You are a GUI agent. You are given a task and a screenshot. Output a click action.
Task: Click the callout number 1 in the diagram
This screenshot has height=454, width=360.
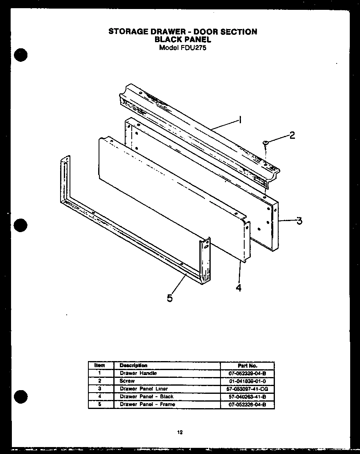[x=240, y=120]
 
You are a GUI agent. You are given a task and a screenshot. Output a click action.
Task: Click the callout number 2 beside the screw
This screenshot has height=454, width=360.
[x=292, y=136]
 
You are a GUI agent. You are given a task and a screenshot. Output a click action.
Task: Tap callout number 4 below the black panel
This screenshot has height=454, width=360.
[x=239, y=288]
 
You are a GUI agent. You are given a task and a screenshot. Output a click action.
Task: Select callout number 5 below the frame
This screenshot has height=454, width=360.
[x=170, y=298]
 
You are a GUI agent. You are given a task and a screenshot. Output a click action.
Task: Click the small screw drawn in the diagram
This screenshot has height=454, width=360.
[x=265, y=142]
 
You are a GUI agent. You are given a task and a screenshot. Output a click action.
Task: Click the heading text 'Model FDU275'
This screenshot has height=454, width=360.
[x=182, y=47]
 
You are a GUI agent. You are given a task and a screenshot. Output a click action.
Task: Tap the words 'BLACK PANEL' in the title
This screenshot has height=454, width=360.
[x=182, y=39]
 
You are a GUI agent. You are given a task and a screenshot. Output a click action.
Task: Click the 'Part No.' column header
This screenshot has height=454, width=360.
[x=247, y=366]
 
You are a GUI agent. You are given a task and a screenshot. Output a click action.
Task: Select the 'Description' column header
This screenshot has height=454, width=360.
[x=133, y=365]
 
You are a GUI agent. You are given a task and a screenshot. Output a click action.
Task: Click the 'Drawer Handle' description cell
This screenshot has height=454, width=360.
[x=138, y=373]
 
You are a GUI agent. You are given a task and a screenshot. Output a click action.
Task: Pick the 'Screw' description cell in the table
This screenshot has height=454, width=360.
[x=127, y=381]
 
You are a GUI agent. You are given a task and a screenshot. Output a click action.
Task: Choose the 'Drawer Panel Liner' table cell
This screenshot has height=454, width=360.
[x=144, y=388]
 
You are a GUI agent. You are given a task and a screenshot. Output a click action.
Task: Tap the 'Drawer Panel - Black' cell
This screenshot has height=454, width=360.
[x=146, y=396]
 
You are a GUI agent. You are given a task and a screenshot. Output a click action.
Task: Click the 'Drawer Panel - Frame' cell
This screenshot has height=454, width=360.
[x=147, y=404]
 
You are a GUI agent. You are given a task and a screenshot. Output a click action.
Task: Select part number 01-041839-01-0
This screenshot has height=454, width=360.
[x=247, y=381]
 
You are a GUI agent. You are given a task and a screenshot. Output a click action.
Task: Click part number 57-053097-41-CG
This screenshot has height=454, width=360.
[x=247, y=389]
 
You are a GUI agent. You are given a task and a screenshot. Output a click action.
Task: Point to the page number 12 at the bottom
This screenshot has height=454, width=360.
[x=180, y=432]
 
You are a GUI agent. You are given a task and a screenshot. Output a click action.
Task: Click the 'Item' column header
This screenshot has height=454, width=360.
[x=99, y=365]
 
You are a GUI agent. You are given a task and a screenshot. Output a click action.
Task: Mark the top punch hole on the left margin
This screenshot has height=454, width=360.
[x=20, y=55]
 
